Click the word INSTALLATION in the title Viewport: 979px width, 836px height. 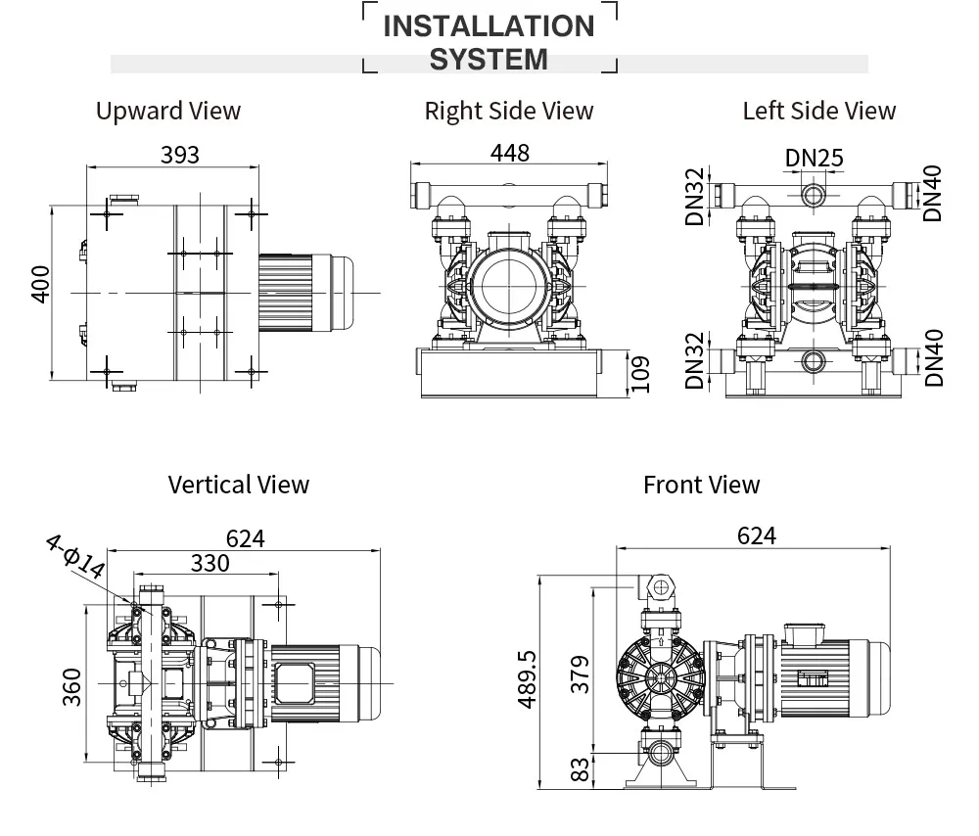(x=489, y=26)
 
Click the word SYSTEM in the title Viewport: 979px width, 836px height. (x=489, y=60)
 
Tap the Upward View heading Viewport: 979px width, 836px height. (x=167, y=111)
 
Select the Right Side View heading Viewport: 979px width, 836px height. (x=508, y=112)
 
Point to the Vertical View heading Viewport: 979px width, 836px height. (x=238, y=485)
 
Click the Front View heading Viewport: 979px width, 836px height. (x=701, y=485)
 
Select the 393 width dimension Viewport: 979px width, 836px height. (x=179, y=155)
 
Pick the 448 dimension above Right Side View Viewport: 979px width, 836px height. (x=509, y=153)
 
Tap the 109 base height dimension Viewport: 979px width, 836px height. (x=640, y=372)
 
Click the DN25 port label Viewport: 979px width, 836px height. (x=814, y=159)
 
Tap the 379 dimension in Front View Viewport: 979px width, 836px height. (x=581, y=674)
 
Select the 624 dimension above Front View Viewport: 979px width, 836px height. (x=756, y=535)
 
